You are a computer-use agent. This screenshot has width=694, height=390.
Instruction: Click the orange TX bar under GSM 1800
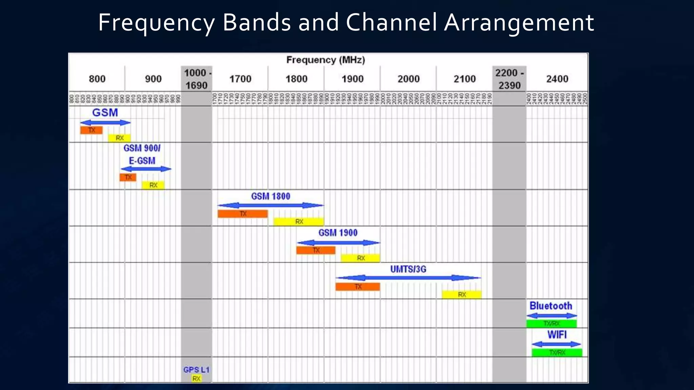tap(243, 214)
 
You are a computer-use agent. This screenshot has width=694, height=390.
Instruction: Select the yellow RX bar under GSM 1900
tap(360, 258)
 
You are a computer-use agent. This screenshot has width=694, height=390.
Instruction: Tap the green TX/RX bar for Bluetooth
tap(551, 324)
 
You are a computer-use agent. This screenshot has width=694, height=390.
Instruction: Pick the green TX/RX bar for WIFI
tap(557, 352)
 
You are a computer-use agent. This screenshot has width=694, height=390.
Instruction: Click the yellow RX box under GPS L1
tap(197, 378)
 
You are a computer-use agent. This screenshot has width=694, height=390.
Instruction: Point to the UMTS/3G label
tap(408, 269)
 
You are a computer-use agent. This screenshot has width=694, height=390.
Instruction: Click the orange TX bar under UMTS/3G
tap(358, 287)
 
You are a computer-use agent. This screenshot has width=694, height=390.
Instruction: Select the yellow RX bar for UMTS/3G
tap(462, 295)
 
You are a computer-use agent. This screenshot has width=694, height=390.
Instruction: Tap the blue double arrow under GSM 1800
tap(270, 205)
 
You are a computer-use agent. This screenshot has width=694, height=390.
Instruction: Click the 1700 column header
tap(240, 79)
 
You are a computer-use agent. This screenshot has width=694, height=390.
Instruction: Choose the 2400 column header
tap(557, 79)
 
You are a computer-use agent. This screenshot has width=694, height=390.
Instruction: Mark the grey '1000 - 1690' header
tap(196, 79)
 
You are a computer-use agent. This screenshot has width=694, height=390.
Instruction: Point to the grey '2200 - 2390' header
tap(509, 79)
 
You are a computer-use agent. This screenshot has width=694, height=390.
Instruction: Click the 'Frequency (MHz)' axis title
tap(325, 60)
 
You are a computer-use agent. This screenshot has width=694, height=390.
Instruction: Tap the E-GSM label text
tap(142, 160)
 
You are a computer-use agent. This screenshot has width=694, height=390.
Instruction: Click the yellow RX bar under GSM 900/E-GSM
tap(153, 185)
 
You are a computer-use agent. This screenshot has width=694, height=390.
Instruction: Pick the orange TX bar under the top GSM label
tap(91, 130)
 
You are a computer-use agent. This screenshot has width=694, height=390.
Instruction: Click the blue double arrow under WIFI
tap(556, 344)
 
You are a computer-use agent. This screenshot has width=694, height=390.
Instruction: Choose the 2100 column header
tap(465, 79)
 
